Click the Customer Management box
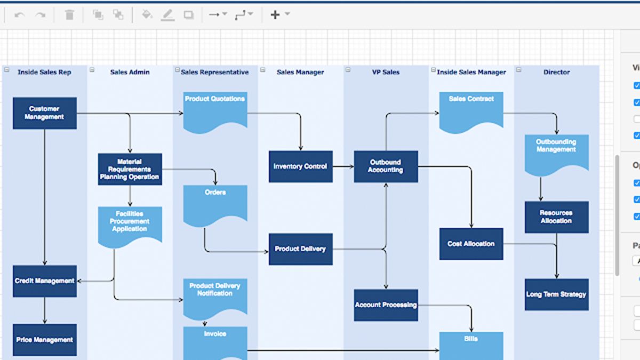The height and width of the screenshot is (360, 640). [45, 113]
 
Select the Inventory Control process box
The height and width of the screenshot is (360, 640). [300, 166]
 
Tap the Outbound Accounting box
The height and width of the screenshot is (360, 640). [386, 166]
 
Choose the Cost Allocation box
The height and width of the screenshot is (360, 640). [471, 244]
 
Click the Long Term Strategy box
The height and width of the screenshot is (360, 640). [556, 294]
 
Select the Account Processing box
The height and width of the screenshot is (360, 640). [386, 305]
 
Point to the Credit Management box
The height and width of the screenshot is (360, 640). [45, 281]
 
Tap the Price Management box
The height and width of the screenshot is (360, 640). [45, 340]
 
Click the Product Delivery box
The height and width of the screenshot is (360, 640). [300, 249]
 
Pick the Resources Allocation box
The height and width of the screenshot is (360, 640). [556, 217]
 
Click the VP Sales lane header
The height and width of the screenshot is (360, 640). [386, 72]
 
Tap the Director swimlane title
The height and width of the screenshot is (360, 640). [556, 72]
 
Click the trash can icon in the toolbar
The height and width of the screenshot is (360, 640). [69, 15]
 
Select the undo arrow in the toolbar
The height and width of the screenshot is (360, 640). [20, 15]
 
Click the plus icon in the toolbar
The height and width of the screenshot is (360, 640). [275, 15]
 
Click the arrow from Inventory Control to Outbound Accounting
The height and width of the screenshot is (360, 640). [343, 166]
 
